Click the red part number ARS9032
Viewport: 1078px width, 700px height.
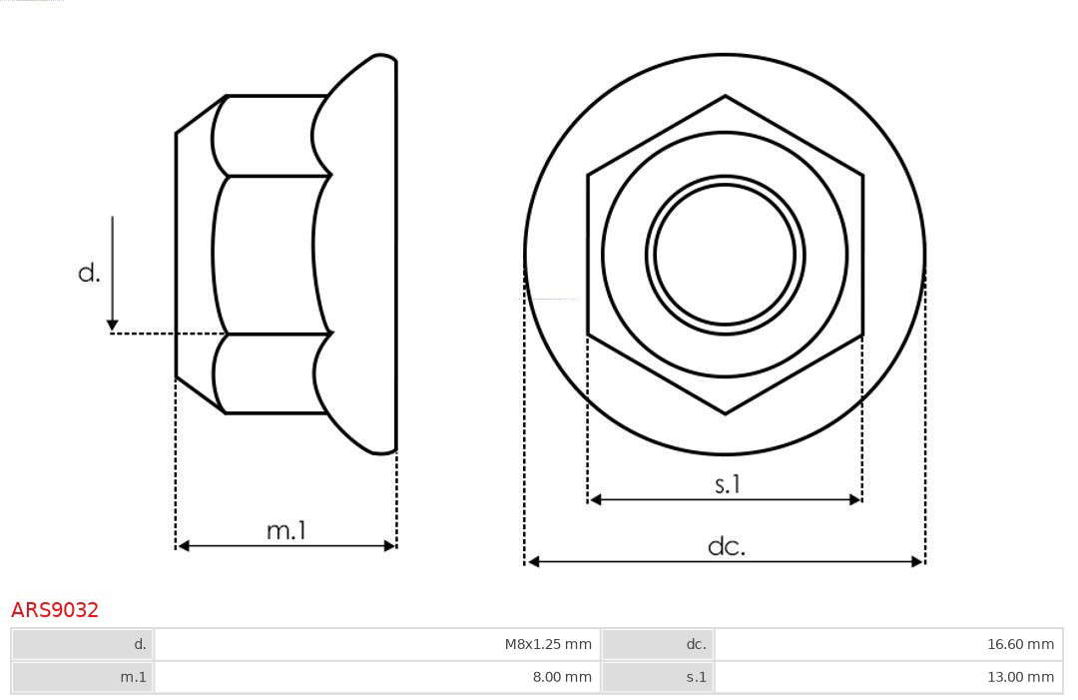[x=55, y=609]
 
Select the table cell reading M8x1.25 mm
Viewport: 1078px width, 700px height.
[x=376, y=644]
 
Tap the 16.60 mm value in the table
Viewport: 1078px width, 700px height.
[x=888, y=644]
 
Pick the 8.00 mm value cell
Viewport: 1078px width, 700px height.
[x=376, y=677]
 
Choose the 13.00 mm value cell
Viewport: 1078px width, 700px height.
[x=888, y=677]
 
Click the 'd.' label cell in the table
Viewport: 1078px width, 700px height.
[x=83, y=644]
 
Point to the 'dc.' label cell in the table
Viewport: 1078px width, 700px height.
[x=658, y=644]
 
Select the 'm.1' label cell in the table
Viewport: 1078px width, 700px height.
[x=83, y=677]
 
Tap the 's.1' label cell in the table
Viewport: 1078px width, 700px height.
[x=658, y=677]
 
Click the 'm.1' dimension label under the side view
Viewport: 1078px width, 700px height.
[x=286, y=530]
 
